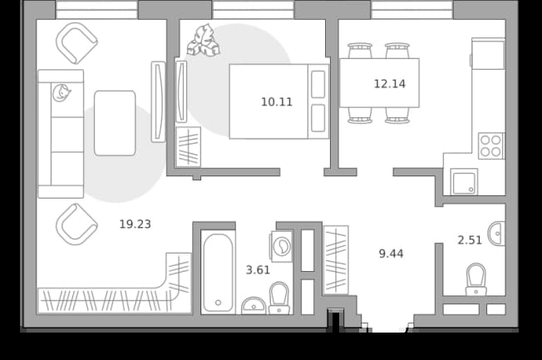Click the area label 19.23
pyautogui.click(x=135, y=224)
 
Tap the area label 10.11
pyautogui.click(x=277, y=102)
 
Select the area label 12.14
pyautogui.click(x=390, y=84)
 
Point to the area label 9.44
pyautogui.click(x=391, y=254)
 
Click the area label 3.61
pyautogui.click(x=258, y=269)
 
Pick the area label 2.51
pyautogui.click(x=470, y=240)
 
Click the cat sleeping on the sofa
pyautogui.click(x=62, y=92)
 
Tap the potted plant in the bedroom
pyautogui.click(x=203, y=41)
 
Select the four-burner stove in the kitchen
pyautogui.click(x=491, y=146)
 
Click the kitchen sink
pyautogui.click(x=464, y=181)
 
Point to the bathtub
pyautogui.click(x=218, y=273)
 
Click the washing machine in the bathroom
pyautogui.click(x=282, y=246)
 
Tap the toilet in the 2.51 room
pyautogui.click(x=476, y=279)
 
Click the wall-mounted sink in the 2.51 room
pyautogui.click(x=497, y=234)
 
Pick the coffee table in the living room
pyautogui.click(x=115, y=123)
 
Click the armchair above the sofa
pyautogui.click(x=76, y=43)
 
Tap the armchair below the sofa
pyautogui.click(x=76, y=224)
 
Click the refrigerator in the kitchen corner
pyautogui.click(x=488, y=53)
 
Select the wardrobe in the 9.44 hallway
pyautogui.click(x=336, y=260)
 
